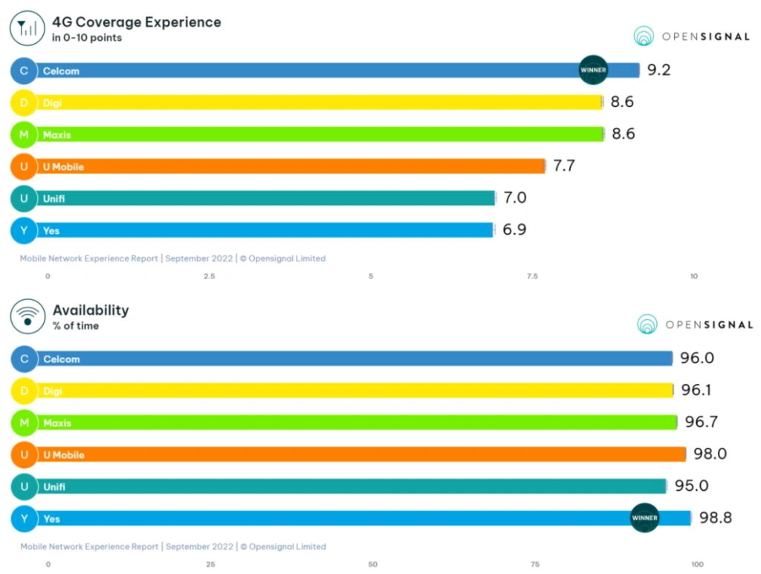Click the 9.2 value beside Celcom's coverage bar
[x=658, y=71]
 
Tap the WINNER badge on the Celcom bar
[x=593, y=71]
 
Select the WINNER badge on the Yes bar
[x=644, y=518]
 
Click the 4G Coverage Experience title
[x=137, y=22]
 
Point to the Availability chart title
[x=91, y=310]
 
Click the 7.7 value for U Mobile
[x=564, y=166]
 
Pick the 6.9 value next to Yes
[x=514, y=229]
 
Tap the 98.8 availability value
[x=715, y=518]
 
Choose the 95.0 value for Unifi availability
[x=691, y=486]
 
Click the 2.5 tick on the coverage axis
[x=210, y=276]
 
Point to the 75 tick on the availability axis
[x=535, y=564]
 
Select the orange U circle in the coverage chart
[x=24, y=166]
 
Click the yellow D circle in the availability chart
[x=24, y=391]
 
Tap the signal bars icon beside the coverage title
[x=27, y=29]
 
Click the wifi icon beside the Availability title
[x=27, y=316]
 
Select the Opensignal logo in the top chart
[x=691, y=36]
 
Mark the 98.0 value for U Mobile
[x=710, y=454]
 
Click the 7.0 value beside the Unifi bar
[x=515, y=198]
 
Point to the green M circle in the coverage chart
[x=24, y=134]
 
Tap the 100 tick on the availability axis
[x=697, y=564]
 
